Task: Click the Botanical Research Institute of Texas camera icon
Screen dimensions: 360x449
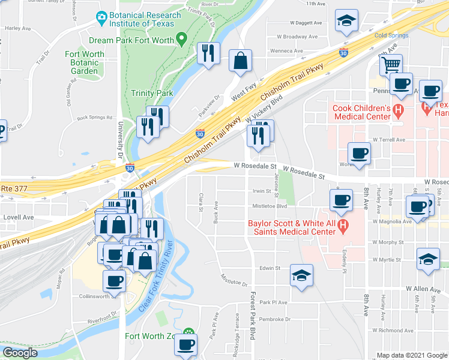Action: click(x=101, y=16)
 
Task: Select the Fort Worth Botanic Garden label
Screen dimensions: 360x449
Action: click(x=84, y=62)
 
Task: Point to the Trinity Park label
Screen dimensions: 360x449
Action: click(x=152, y=93)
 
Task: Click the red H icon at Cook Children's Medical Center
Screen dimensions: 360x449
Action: click(x=397, y=112)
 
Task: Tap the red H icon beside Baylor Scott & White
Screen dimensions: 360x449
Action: click(x=343, y=227)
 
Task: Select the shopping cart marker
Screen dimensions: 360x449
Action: click(x=391, y=63)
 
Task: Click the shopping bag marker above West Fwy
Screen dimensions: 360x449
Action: click(x=240, y=61)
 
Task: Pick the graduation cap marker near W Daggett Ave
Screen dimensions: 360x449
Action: click(x=346, y=22)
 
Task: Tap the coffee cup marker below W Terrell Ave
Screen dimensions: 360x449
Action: click(x=359, y=153)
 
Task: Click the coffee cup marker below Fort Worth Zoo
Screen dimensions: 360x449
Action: click(x=185, y=345)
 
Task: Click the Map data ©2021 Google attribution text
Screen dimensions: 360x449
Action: click(x=411, y=355)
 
